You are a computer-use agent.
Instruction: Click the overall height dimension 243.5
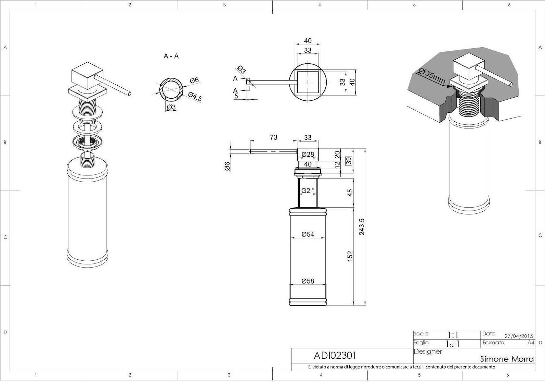point(362,227)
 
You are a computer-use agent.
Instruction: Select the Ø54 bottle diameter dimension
point(308,234)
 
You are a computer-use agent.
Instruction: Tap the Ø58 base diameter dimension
point(308,281)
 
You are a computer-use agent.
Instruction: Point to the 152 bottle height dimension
point(350,256)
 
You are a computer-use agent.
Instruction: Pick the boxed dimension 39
point(349,161)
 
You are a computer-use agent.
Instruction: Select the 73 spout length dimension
point(273,137)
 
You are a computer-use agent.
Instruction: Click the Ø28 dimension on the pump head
point(308,154)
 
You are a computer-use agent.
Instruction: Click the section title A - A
point(171,56)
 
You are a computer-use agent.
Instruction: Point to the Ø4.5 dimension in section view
point(195,97)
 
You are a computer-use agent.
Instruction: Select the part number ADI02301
point(335,355)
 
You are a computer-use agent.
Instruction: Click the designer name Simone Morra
point(507,359)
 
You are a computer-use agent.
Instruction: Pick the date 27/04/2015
point(519,336)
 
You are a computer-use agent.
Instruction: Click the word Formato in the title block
point(493,343)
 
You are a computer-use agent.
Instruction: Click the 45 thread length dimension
point(350,193)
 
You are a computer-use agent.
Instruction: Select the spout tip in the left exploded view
point(129,94)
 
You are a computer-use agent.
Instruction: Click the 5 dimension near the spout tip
point(236,96)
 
